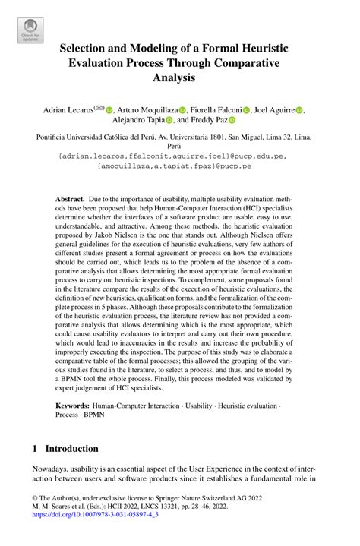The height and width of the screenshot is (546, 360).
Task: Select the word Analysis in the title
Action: pos(179,77)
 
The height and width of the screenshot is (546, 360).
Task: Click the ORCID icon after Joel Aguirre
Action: pos(299,111)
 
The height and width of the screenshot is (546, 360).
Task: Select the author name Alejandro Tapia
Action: pos(134,120)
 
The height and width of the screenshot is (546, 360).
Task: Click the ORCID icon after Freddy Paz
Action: pos(232,121)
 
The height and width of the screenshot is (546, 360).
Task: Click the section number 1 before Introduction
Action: pos(35,448)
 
